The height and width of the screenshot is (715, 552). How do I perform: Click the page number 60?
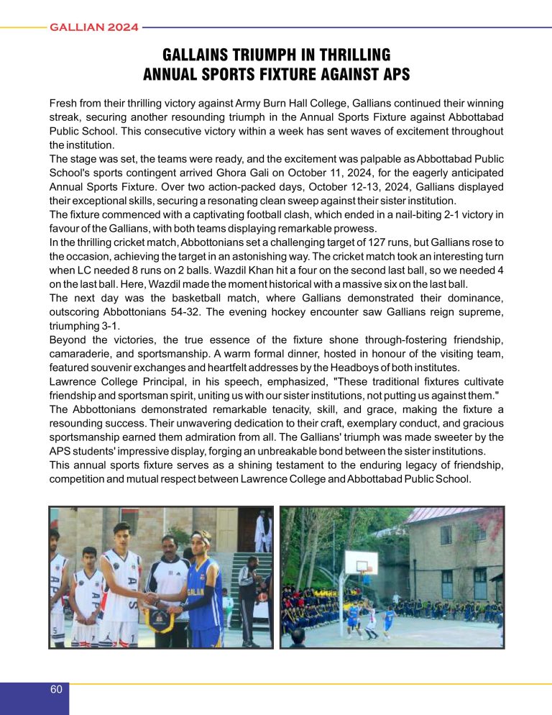coord(55,689)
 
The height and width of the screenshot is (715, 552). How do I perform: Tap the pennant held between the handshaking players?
coord(160,612)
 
